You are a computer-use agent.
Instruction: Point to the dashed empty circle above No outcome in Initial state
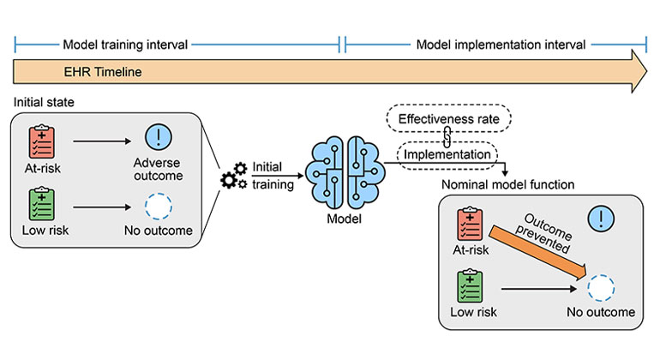click(158, 206)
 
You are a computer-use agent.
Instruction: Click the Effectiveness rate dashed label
click(448, 116)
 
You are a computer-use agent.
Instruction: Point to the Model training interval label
click(126, 44)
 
